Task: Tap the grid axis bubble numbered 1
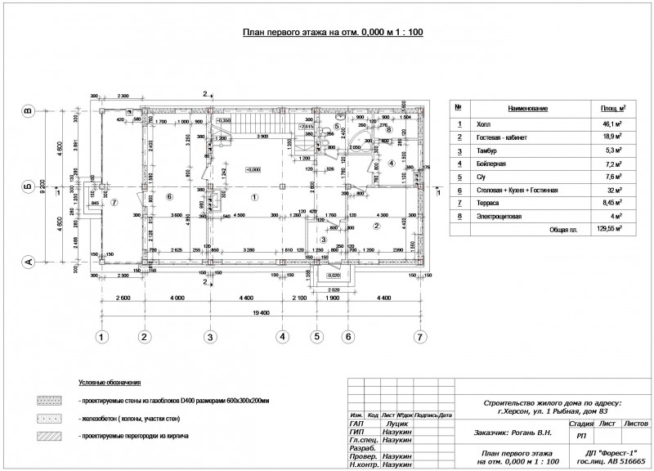(x=103, y=336)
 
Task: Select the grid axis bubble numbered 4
(x=282, y=336)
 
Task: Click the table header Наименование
(x=527, y=109)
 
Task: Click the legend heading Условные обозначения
(x=110, y=383)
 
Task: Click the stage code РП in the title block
(x=580, y=437)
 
